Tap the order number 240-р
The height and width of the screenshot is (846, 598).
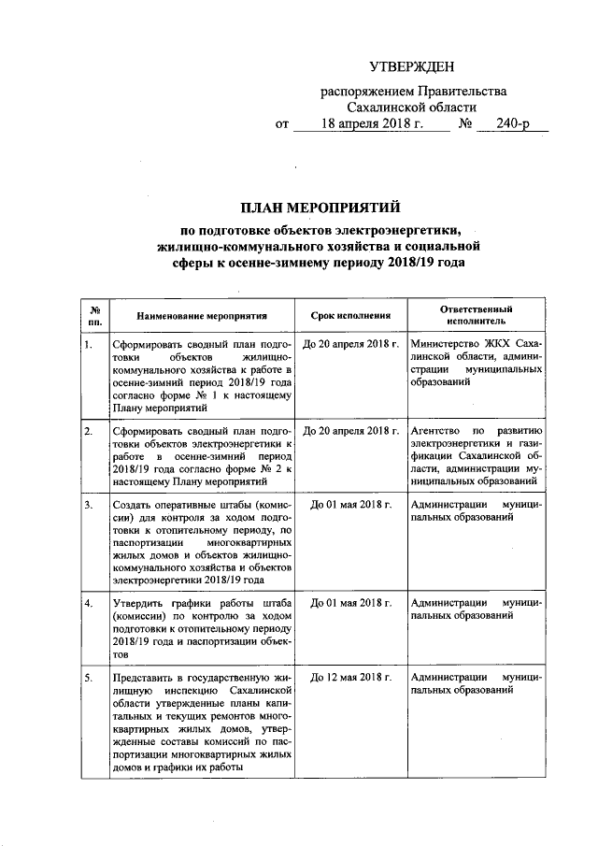click(513, 123)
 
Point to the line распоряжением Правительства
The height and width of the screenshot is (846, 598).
click(414, 92)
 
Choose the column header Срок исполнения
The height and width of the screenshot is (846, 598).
click(349, 316)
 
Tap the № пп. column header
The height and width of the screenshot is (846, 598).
click(93, 315)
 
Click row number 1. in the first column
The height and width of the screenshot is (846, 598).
click(88, 345)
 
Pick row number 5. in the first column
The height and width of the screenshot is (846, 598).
click(88, 676)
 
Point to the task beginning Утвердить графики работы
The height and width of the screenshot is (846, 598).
click(202, 628)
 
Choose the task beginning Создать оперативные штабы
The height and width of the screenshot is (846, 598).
click(202, 541)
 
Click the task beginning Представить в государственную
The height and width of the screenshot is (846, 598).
click(202, 721)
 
